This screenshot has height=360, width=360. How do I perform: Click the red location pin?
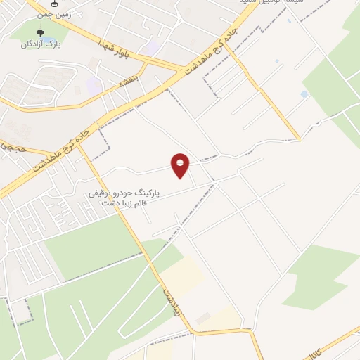click(x=181, y=165)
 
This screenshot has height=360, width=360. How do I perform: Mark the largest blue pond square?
click(x=304, y=94)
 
